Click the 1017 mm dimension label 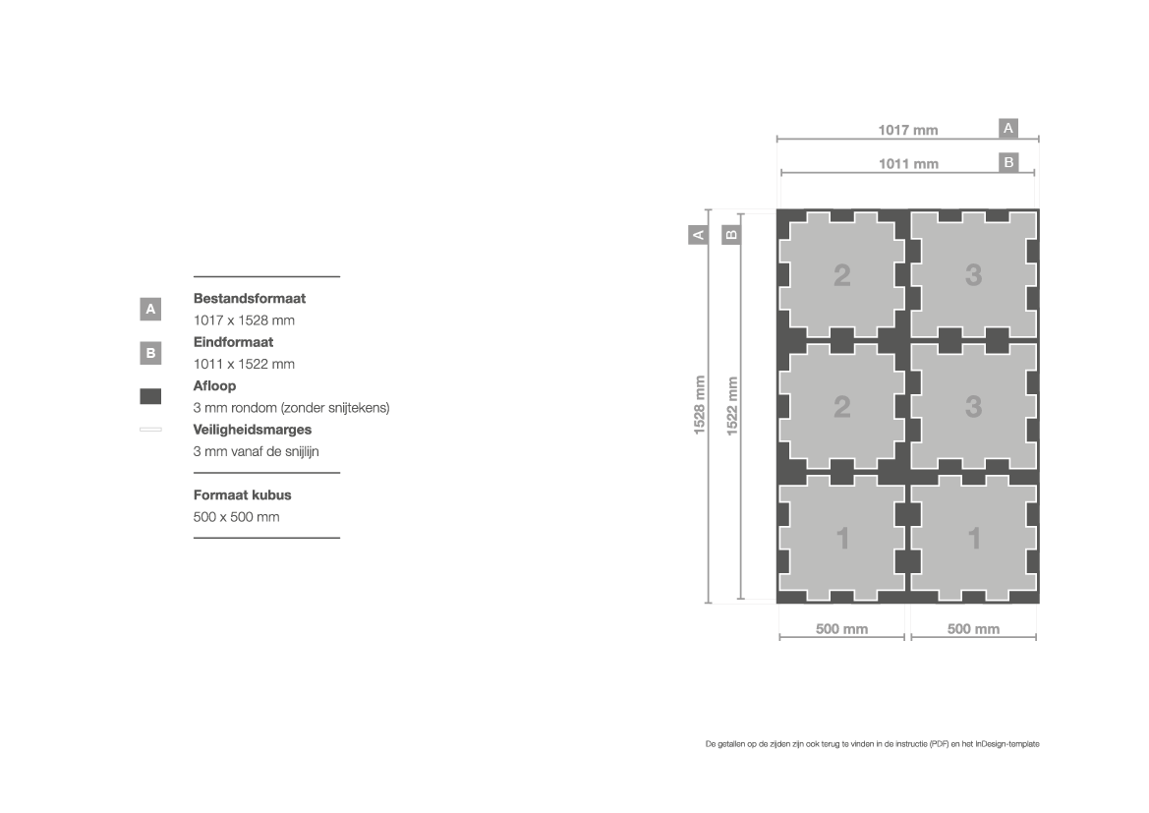[x=908, y=130]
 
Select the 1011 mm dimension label [x=908, y=163]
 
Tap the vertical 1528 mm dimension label [x=699, y=405]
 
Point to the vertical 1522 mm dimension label [x=732, y=406]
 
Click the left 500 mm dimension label [x=842, y=629]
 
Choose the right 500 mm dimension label [x=973, y=629]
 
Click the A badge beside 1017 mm [x=1008, y=129]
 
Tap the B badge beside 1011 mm [x=1008, y=163]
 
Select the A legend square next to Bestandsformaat [x=150, y=310]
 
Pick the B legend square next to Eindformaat [x=150, y=353]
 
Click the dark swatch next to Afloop [x=150, y=396]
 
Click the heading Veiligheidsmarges [x=252, y=430]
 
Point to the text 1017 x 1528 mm [x=244, y=320]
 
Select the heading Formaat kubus [x=243, y=494]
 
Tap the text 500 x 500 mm [x=236, y=517]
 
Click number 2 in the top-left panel [x=842, y=275]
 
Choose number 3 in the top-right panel [x=973, y=275]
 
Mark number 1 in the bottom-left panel [x=842, y=539]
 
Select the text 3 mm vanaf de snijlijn [x=256, y=451]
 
